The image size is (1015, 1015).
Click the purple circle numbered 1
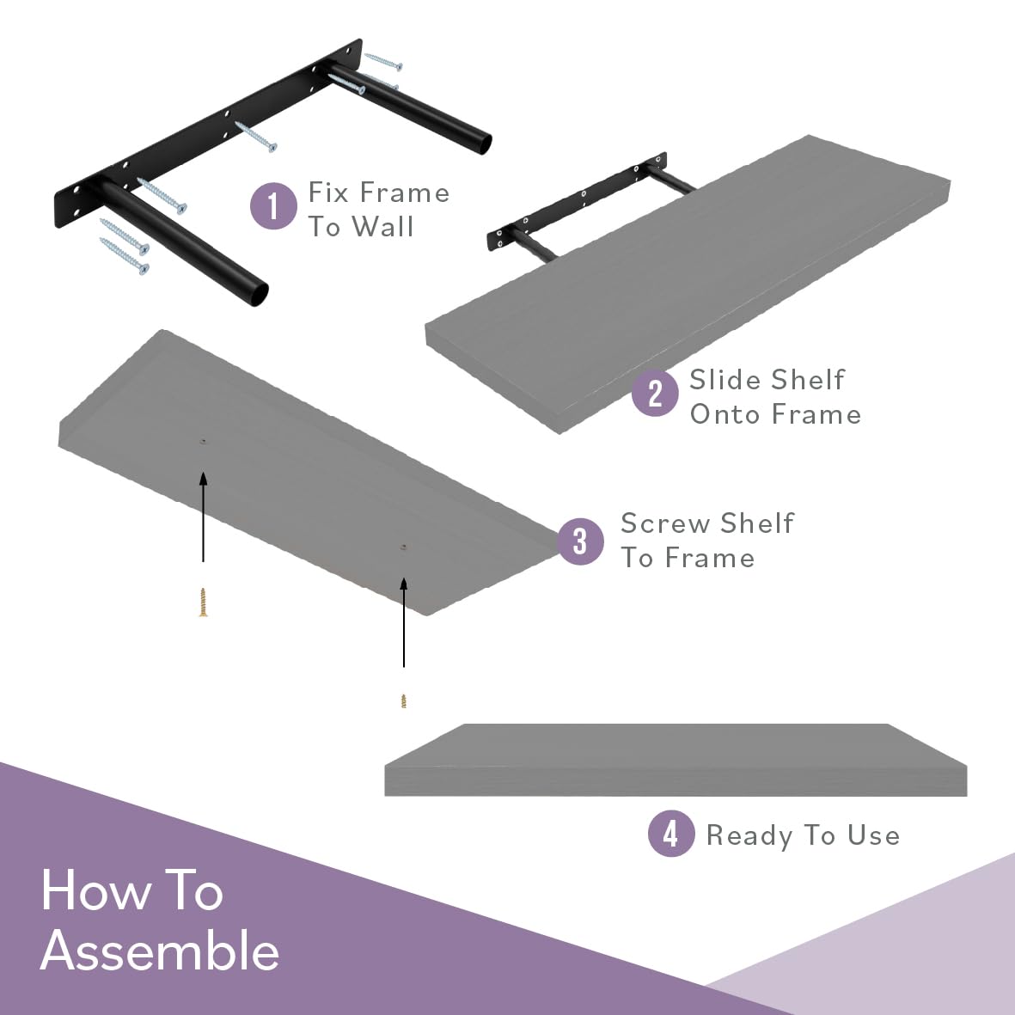273,206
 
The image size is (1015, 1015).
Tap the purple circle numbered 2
655,393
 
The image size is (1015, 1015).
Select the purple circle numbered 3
580,541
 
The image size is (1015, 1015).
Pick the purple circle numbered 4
671,834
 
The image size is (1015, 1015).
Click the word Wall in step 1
382,227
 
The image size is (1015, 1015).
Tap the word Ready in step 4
749,835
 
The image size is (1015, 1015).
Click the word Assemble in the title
160,951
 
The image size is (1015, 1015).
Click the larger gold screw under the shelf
204,602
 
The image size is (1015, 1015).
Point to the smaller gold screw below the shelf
404,701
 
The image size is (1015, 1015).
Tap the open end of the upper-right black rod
483,143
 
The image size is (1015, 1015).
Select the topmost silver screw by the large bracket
383,62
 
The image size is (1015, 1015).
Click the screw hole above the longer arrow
404,547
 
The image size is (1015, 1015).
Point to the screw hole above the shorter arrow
204,441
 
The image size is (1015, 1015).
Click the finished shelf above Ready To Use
676,760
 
